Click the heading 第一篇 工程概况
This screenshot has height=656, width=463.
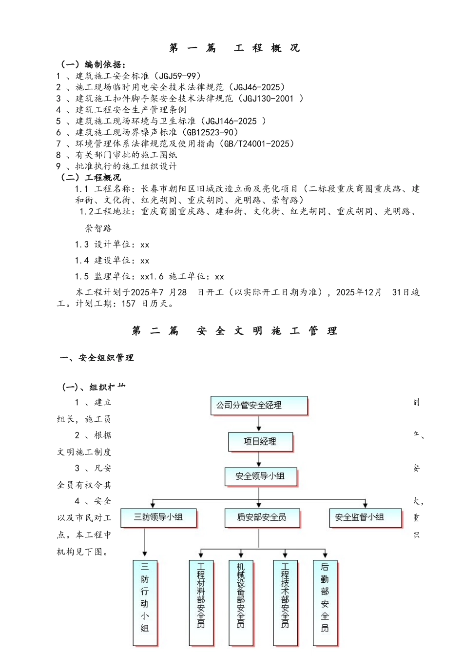(x=234, y=48)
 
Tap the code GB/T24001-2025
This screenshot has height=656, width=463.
(x=256, y=143)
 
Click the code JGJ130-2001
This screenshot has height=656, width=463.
(x=268, y=99)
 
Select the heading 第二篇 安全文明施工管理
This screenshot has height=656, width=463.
(x=234, y=331)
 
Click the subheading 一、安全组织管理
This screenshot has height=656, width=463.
(x=96, y=358)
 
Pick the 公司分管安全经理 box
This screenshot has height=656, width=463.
(x=259, y=406)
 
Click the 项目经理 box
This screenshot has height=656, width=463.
(x=260, y=442)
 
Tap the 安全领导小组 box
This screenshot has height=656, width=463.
(x=260, y=476)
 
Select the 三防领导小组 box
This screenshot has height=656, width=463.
(x=158, y=517)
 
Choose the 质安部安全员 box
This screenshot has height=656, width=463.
(x=262, y=517)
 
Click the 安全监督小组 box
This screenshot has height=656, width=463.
(x=365, y=517)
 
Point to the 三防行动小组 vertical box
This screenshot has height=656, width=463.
(x=145, y=603)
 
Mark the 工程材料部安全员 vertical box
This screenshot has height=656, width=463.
(x=201, y=603)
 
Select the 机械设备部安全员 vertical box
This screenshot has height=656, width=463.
(x=241, y=603)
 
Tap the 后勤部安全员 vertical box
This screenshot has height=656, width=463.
(x=325, y=603)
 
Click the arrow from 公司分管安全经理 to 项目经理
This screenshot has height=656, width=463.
(x=259, y=424)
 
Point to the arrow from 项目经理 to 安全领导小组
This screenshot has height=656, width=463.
(x=259, y=459)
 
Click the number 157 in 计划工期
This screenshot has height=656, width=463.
(x=129, y=304)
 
